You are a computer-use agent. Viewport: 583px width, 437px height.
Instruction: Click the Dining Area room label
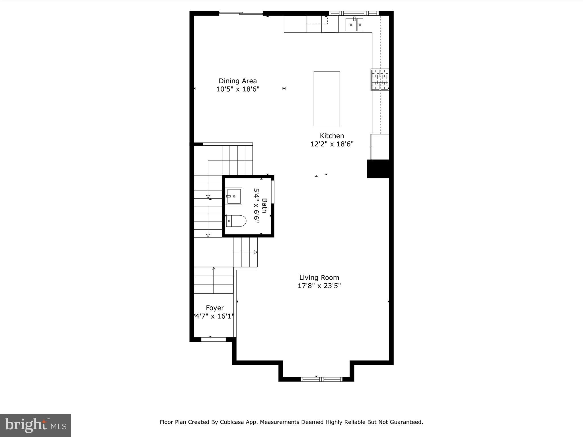click(x=238, y=81)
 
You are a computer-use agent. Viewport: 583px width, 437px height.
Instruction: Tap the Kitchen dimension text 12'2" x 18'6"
click(x=332, y=144)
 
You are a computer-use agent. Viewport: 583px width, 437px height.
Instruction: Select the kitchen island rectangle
click(x=327, y=98)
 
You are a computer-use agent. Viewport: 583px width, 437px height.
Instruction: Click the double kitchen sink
click(x=354, y=24)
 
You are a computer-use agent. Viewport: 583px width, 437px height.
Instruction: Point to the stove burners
click(x=380, y=79)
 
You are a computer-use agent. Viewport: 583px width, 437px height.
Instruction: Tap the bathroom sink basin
click(x=234, y=196)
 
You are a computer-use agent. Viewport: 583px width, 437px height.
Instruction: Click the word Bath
click(x=264, y=205)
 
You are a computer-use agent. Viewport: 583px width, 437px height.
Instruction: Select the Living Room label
click(x=319, y=277)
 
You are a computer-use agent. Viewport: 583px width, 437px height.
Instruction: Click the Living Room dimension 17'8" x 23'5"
click(x=319, y=285)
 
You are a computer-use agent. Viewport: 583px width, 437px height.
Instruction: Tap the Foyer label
click(x=215, y=308)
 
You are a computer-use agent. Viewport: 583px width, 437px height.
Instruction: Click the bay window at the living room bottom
click(x=322, y=379)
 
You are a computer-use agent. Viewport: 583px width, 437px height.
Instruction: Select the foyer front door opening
click(x=213, y=339)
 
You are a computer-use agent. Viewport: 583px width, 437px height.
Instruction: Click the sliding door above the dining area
click(x=241, y=13)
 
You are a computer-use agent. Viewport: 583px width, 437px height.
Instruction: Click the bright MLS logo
click(x=36, y=425)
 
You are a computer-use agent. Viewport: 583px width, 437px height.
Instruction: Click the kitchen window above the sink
click(x=354, y=13)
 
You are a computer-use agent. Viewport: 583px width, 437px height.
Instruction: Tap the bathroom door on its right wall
click(x=272, y=192)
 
